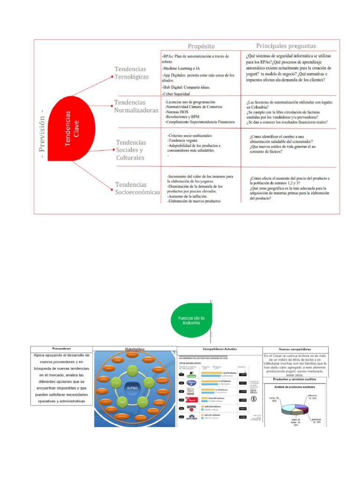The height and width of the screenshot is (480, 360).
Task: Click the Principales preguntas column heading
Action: click(286, 46)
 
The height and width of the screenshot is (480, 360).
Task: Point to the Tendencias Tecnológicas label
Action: click(132, 73)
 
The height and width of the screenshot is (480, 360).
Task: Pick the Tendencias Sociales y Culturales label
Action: click(131, 150)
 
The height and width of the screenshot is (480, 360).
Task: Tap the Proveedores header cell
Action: click(61, 349)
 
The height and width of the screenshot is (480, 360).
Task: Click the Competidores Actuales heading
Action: click(219, 349)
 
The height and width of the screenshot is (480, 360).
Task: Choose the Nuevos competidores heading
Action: click(295, 349)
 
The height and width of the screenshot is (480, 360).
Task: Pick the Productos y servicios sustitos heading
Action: click(296, 379)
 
